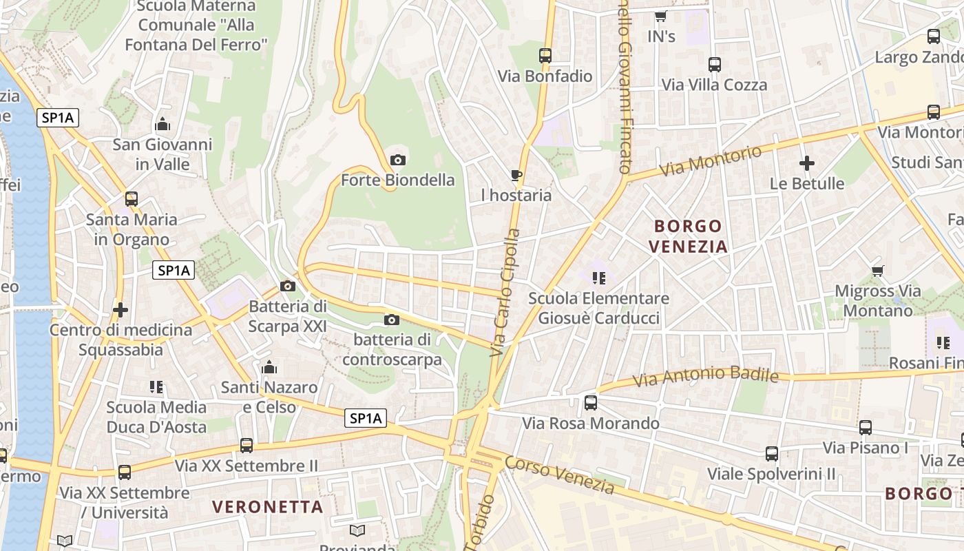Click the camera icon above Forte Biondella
pyautogui.click(x=397, y=160)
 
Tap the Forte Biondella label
pyautogui.click(x=398, y=180)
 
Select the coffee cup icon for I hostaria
pyautogui.click(x=516, y=176)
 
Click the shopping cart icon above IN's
pyautogui.click(x=661, y=16)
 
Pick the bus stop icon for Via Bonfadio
pyautogui.click(x=545, y=56)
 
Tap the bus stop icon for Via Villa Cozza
pyautogui.click(x=715, y=65)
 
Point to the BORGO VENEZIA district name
pyautogui.click(x=689, y=236)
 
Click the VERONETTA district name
pyautogui.click(x=268, y=507)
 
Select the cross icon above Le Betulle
pyautogui.click(x=807, y=163)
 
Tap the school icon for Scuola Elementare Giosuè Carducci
pyautogui.click(x=598, y=278)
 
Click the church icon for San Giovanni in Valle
pyautogui.click(x=163, y=124)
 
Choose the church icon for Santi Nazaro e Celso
pyautogui.click(x=269, y=367)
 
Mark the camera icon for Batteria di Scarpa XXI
pyautogui.click(x=288, y=286)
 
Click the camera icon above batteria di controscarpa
pyautogui.click(x=391, y=320)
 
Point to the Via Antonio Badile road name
pyautogui.click(x=706, y=377)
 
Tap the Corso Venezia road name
pyautogui.click(x=559, y=475)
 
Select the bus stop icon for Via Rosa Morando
pyautogui.click(x=591, y=403)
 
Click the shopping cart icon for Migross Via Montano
pyautogui.click(x=877, y=271)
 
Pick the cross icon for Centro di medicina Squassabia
pyautogui.click(x=120, y=310)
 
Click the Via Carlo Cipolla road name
pyautogui.click(x=505, y=293)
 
